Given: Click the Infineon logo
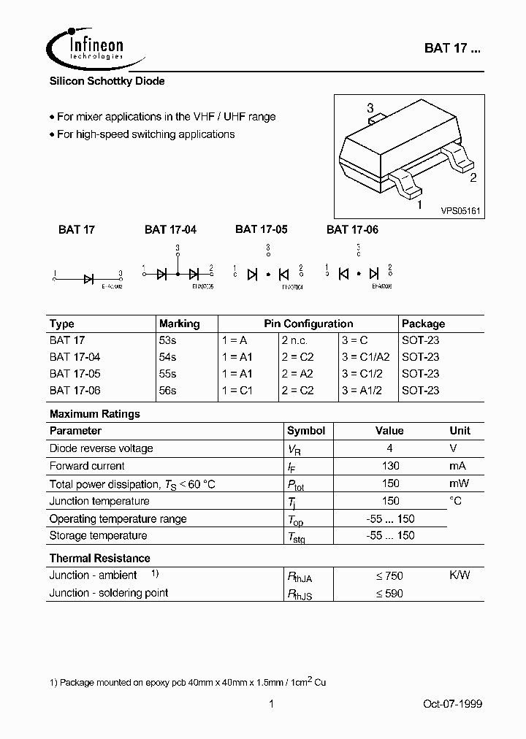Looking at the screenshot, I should point(86,47).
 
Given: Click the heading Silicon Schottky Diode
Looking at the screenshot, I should point(107,82).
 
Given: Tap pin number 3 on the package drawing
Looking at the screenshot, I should point(370,108).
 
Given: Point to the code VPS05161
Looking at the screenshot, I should point(460,210).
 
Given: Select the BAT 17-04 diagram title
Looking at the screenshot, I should point(170,229).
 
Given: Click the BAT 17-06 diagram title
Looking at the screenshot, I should point(352,229).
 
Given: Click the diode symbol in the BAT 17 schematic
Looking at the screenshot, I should point(89,278).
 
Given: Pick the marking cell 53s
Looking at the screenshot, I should point(167,340).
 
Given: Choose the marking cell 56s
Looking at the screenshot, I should point(167,391).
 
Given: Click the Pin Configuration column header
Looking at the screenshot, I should point(308,323).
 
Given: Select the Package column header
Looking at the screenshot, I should point(423,323).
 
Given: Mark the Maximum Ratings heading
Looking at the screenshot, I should point(95,414).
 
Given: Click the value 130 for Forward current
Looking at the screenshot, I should point(391,466).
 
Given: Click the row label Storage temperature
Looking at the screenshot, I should point(98,536).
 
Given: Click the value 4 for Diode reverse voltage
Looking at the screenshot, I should point(391,448).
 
